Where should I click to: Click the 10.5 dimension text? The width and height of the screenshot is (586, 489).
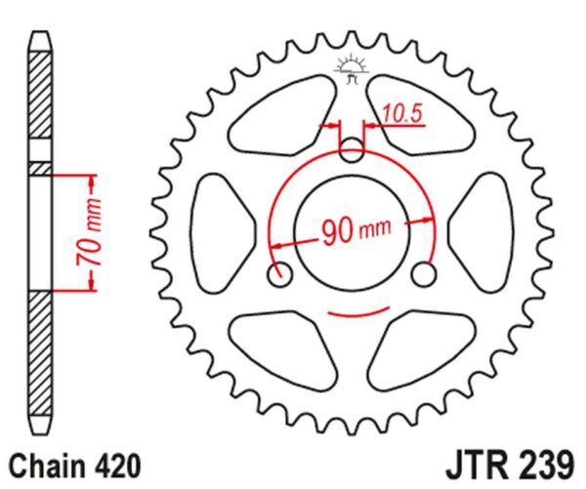tap(402, 113)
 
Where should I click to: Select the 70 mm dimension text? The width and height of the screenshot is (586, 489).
tap(89, 232)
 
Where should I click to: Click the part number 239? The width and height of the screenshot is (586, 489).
tap(543, 467)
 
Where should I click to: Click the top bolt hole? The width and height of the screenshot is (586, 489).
tap(351, 149)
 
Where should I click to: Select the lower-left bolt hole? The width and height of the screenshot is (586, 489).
tap(279, 274)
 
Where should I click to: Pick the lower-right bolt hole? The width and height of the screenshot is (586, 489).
tap(423, 274)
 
